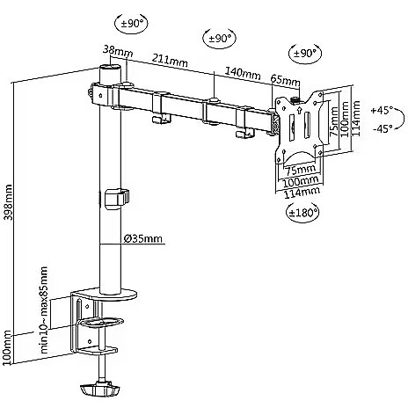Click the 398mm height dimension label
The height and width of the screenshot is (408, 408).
(8, 201)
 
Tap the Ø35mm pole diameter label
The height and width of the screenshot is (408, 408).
(142, 238)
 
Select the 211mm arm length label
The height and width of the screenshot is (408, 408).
(170, 61)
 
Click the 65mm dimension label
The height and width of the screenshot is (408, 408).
(285, 79)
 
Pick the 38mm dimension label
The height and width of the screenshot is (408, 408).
(118, 52)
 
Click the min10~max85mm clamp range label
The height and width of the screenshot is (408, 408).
(44, 310)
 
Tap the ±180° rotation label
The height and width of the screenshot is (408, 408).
(302, 212)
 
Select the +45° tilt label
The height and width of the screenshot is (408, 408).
(382, 111)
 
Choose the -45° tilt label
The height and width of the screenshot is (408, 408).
(382, 128)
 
